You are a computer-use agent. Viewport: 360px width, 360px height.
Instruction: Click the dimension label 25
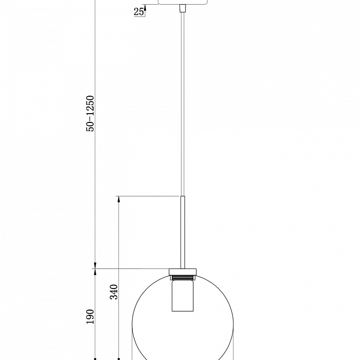pos(138,11)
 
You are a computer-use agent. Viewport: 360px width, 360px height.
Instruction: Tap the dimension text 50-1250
pos(91,114)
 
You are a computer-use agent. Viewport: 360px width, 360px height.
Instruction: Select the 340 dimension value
pos(114,292)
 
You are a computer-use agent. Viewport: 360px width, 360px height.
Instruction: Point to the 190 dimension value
pos(90,317)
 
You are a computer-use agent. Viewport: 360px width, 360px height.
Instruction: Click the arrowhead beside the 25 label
pos(145,8)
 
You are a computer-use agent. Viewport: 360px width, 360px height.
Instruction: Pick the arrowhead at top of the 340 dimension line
pos(119,200)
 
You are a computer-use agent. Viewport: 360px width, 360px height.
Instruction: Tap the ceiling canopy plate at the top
pos(183,2)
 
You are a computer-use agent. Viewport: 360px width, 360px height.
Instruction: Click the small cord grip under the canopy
pos(183,8)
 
